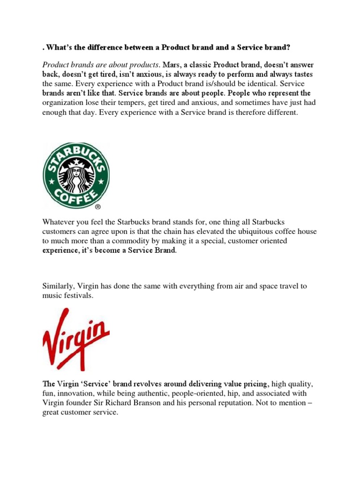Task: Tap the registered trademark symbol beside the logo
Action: (x=97, y=206)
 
